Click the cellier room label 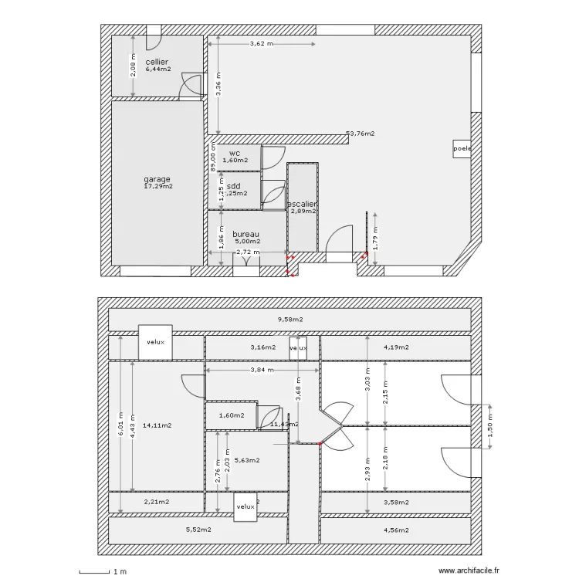pyautogui.click(x=157, y=62)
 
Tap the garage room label pyautogui.click(x=157, y=179)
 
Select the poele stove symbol pyautogui.click(x=462, y=148)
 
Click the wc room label pyautogui.click(x=235, y=154)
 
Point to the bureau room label pyautogui.click(x=245, y=234)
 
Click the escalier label pyautogui.click(x=302, y=205)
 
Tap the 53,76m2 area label pyautogui.click(x=360, y=134)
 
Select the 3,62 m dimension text pyautogui.click(x=262, y=44)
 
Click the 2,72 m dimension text pyautogui.click(x=248, y=252)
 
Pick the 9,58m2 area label pyautogui.click(x=289, y=319)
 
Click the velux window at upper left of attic pyautogui.click(x=156, y=342)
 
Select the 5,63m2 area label pyautogui.click(x=247, y=460)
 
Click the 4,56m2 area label pyautogui.click(x=396, y=530)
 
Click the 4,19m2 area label pyautogui.click(x=396, y=347)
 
